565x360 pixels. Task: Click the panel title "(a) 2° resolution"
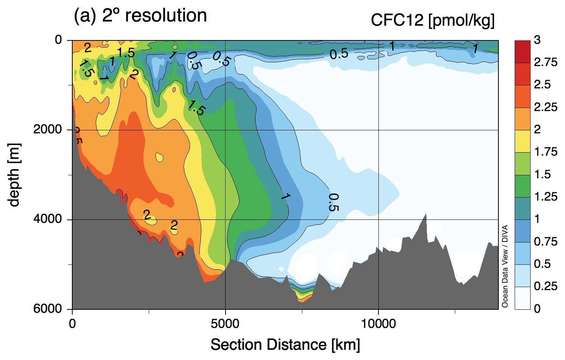click(140, 16)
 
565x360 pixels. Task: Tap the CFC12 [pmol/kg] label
click(433, 20)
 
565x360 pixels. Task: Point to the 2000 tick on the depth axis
click(47, 130)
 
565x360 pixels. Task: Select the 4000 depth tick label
click(47, 219)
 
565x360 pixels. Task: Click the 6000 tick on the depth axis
click(47, 309)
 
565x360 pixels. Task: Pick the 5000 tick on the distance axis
click(225, 324)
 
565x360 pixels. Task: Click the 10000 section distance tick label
click(378, 324)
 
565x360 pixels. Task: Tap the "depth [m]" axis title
click(14, 175)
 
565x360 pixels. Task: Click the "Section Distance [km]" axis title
click(285, 345)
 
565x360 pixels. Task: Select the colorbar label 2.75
click(545, 62)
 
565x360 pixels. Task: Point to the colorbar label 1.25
click(545, 197)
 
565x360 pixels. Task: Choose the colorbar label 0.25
click(545, 286)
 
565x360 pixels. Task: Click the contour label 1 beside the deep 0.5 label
click(286, 196)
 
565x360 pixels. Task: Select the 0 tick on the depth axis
click(58, 40)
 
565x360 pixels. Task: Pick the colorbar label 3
click(537, 40)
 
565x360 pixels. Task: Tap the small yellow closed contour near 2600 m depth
click(159, 157)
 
